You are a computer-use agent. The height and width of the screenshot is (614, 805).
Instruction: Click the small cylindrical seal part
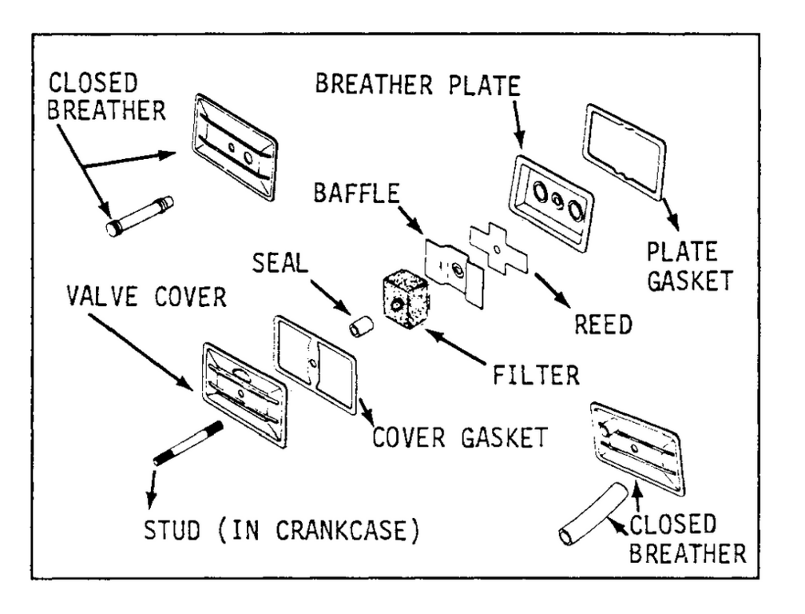pos(364,327)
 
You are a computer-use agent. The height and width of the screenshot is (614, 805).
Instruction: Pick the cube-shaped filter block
pos(406,302)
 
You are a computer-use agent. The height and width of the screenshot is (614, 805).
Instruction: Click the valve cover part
pos(244,392)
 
